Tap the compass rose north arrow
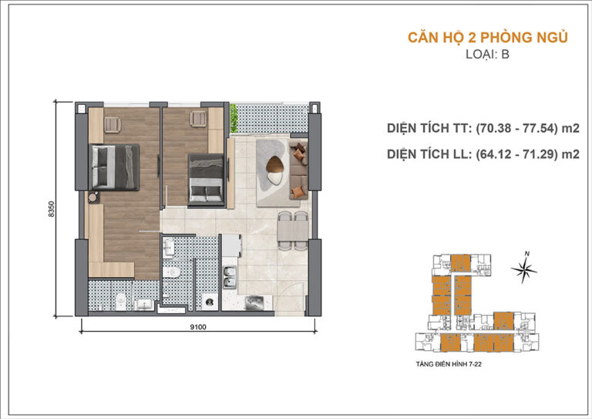click(x=526, y=268)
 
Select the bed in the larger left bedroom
click(x=115, y=166)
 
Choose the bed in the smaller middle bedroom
click(x=207, y=178)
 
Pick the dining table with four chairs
click(x=289, y=231)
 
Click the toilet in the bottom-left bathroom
click(x=119, y=299)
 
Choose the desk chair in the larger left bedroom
click(x=111, y=122)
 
